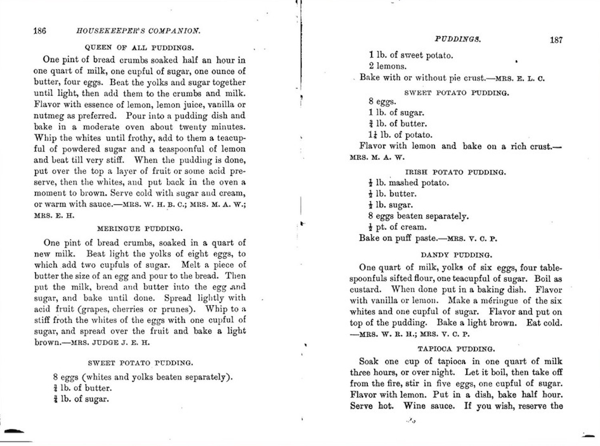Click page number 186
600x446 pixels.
click(x=40, y=31)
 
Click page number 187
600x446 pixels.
click(x=556, y=40)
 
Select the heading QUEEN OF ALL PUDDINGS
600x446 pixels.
click(x=139, y=48)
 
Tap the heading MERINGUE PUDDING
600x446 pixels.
click(x=140, y=229)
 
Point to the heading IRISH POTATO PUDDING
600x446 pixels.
click(x=456, y=172)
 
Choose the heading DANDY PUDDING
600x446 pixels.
click(x=456, y=255)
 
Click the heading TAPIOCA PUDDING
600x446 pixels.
click(x=456, y=349)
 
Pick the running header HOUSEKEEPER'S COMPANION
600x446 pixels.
click(x=138, y=31)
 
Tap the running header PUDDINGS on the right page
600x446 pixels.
click(x=458, y=39)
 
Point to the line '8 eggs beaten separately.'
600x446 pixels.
click(x=418, y=216)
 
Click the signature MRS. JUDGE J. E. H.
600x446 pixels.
click(x=110, y=343)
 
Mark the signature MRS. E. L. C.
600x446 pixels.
click(x=520, y=78)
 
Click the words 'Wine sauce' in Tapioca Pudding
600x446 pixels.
click(x=429, y=406)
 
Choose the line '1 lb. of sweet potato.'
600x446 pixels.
click(x=411, y=55)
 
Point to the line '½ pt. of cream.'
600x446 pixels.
click(x=398, y=227)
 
